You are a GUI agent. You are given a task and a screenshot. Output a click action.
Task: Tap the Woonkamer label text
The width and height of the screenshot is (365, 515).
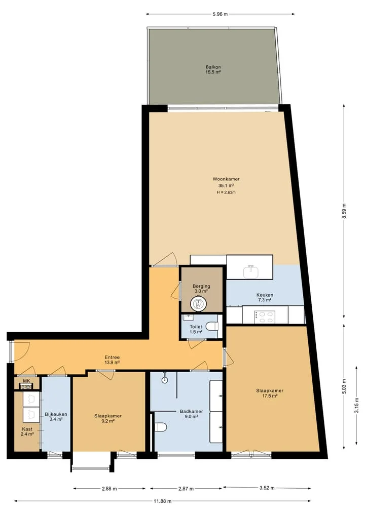226,179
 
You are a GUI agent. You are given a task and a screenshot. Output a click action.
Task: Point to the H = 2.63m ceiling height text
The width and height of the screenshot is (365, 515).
226,192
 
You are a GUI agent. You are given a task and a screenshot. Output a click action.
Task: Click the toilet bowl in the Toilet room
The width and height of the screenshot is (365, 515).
212,327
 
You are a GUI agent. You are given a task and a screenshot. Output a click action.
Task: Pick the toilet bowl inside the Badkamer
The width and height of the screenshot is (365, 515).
161,427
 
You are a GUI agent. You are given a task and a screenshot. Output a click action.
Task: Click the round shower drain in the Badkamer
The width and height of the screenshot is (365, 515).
165,380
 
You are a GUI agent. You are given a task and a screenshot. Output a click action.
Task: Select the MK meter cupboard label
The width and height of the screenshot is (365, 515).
26,381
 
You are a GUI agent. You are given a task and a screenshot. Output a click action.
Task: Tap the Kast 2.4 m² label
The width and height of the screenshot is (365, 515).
27,431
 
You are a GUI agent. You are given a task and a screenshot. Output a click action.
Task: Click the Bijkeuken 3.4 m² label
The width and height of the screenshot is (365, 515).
56,417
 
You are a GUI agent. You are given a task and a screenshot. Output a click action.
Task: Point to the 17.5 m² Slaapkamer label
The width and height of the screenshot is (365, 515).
270,393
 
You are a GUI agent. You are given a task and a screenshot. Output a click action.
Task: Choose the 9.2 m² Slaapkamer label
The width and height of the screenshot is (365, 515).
108,418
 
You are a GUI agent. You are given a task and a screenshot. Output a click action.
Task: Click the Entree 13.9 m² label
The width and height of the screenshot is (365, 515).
112,360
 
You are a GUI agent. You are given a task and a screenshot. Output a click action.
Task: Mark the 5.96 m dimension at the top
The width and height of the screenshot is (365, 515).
220,14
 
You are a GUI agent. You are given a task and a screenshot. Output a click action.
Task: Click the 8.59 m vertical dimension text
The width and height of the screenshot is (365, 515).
344,211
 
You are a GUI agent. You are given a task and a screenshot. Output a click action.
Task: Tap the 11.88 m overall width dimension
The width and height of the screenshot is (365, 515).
162,501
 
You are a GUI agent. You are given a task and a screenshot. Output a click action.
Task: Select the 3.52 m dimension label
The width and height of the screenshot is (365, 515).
267,488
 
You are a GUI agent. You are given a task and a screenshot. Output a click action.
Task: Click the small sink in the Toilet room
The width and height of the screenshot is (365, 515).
189,318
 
